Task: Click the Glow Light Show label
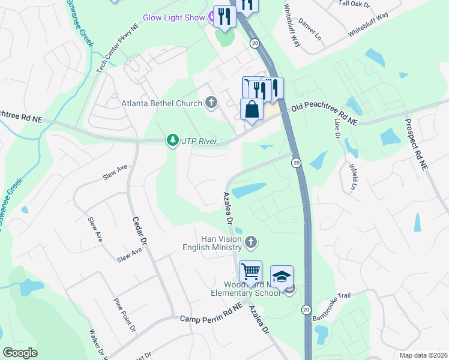[173, 17]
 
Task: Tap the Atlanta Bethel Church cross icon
[210, 103]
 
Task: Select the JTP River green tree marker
[173, 140]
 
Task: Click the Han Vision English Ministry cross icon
[252, 242]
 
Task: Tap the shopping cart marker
[250, 271]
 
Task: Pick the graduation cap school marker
[282, 276]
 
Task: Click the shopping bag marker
[252, 110]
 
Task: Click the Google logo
[20, 352]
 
